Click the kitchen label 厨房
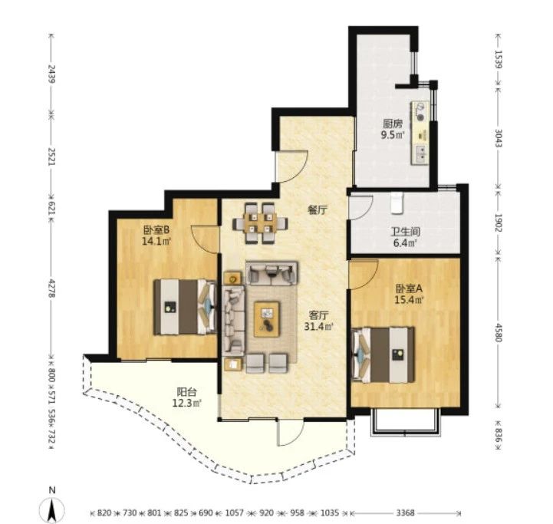click(x=393, y=124)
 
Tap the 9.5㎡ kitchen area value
click(x=393, y=135)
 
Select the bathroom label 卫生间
click(x=405, y=232)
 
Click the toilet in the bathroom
click(x=397, y=203)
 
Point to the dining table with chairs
click(x=260, y=223)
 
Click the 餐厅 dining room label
click(x=318, y=211)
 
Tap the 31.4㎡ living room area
click(x=318, y=327)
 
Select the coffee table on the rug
click(x=267, y=319)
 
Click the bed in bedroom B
click(x=185, y=307)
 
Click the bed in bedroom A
click(x=383, y=354)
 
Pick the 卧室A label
click(x=409, y=288)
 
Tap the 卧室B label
click(x=156, y=230)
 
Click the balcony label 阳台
click(x=186, y=392)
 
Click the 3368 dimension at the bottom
click(x=405, y=512)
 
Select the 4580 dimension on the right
click(x=498, y=332)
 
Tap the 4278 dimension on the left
click(x=52, y=288)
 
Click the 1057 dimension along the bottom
click(x=234, y=512)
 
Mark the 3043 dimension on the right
click(x=498, y=138)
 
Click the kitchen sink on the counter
click(x=421, y=154)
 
